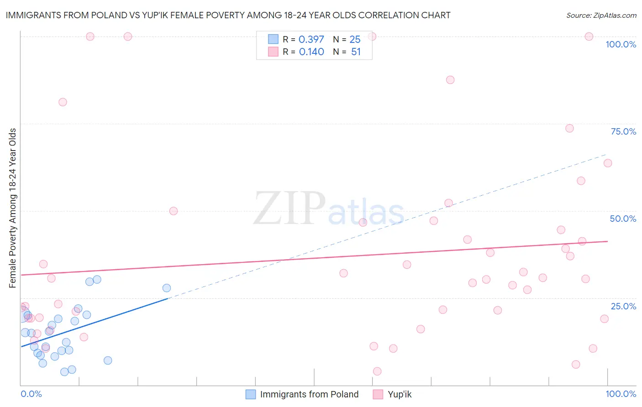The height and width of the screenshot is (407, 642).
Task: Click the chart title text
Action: [x=228, y=15]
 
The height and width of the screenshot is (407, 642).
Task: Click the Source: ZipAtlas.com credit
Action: [x=601, y=15]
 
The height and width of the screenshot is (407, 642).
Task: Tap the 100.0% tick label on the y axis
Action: [x=621, y=44]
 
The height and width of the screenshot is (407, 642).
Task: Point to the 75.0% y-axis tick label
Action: [x=623, y=131]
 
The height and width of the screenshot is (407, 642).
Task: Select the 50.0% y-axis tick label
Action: [x=623, y=219]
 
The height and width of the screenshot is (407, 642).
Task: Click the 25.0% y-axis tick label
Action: [x=623, y=306]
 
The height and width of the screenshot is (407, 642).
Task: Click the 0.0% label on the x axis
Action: [x=31, y=394]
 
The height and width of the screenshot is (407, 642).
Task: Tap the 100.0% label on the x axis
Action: [x=621, y=394]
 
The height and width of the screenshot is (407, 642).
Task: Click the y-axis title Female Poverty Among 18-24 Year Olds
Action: [x=12, y=208]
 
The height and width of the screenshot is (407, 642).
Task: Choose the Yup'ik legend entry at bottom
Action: [x=400, y=394]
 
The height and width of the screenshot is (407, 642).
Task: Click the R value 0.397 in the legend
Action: [x=311, y=40]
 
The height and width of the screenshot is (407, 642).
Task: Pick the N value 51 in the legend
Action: [x=356, y=52]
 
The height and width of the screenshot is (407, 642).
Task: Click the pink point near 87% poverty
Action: [x=450, y=80]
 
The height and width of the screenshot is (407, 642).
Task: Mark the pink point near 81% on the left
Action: [x=63, y=102]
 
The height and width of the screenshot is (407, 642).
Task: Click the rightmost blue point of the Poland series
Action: [x=167, y=288]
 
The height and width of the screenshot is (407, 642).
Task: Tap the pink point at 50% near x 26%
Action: [x=174, y=211]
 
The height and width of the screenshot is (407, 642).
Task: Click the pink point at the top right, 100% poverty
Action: [x=589, y=37]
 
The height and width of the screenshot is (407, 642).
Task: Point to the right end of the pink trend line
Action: [x=607, y=241]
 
